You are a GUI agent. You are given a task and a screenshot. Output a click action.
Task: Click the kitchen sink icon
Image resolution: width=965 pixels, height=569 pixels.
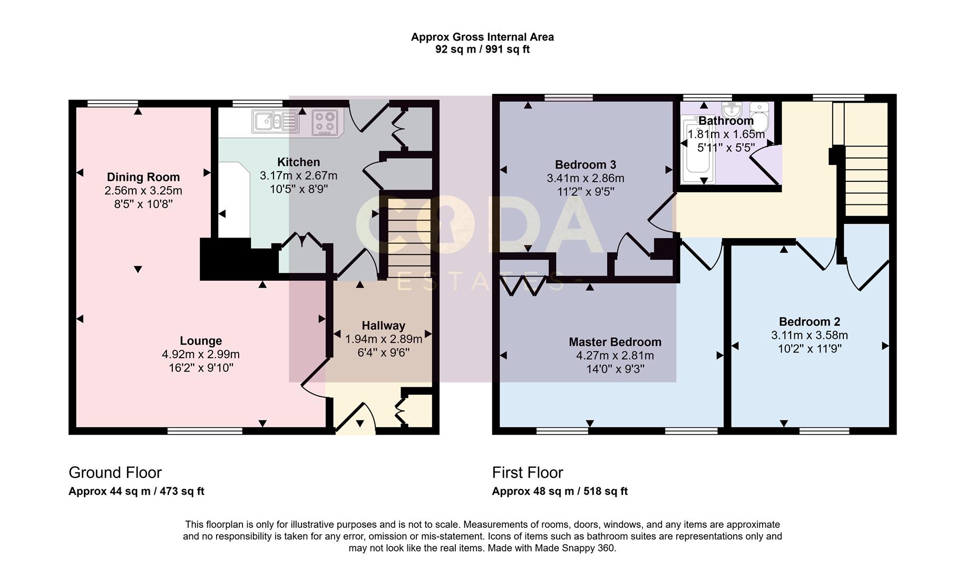[276, 122]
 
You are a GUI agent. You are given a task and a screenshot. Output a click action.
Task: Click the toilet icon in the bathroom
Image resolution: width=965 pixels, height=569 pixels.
[759, 114]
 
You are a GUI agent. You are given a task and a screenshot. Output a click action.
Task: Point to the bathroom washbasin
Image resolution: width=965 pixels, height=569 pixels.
[732, 111]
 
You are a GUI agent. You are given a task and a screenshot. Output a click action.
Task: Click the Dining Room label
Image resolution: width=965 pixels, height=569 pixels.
[143, 177]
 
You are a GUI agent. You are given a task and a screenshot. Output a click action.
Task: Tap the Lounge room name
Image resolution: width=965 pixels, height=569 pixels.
[201, 341]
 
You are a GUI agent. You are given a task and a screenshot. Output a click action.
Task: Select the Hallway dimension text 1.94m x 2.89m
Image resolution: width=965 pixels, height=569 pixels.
[384, 339]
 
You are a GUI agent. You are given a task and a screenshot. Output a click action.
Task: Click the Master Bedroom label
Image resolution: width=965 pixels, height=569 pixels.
[615, 342]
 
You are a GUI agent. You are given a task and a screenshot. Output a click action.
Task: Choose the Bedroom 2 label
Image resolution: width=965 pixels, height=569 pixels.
[810, 321]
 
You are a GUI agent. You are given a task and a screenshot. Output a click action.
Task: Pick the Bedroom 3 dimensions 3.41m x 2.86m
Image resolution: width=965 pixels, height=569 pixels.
[586, 179]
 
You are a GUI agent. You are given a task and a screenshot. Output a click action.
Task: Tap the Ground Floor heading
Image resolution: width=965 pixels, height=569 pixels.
[115, 472]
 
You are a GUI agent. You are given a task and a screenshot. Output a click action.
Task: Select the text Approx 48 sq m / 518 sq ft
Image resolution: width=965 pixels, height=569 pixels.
[560, 492]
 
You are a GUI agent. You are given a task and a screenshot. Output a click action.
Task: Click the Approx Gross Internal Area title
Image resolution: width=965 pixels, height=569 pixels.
[482, 37]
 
